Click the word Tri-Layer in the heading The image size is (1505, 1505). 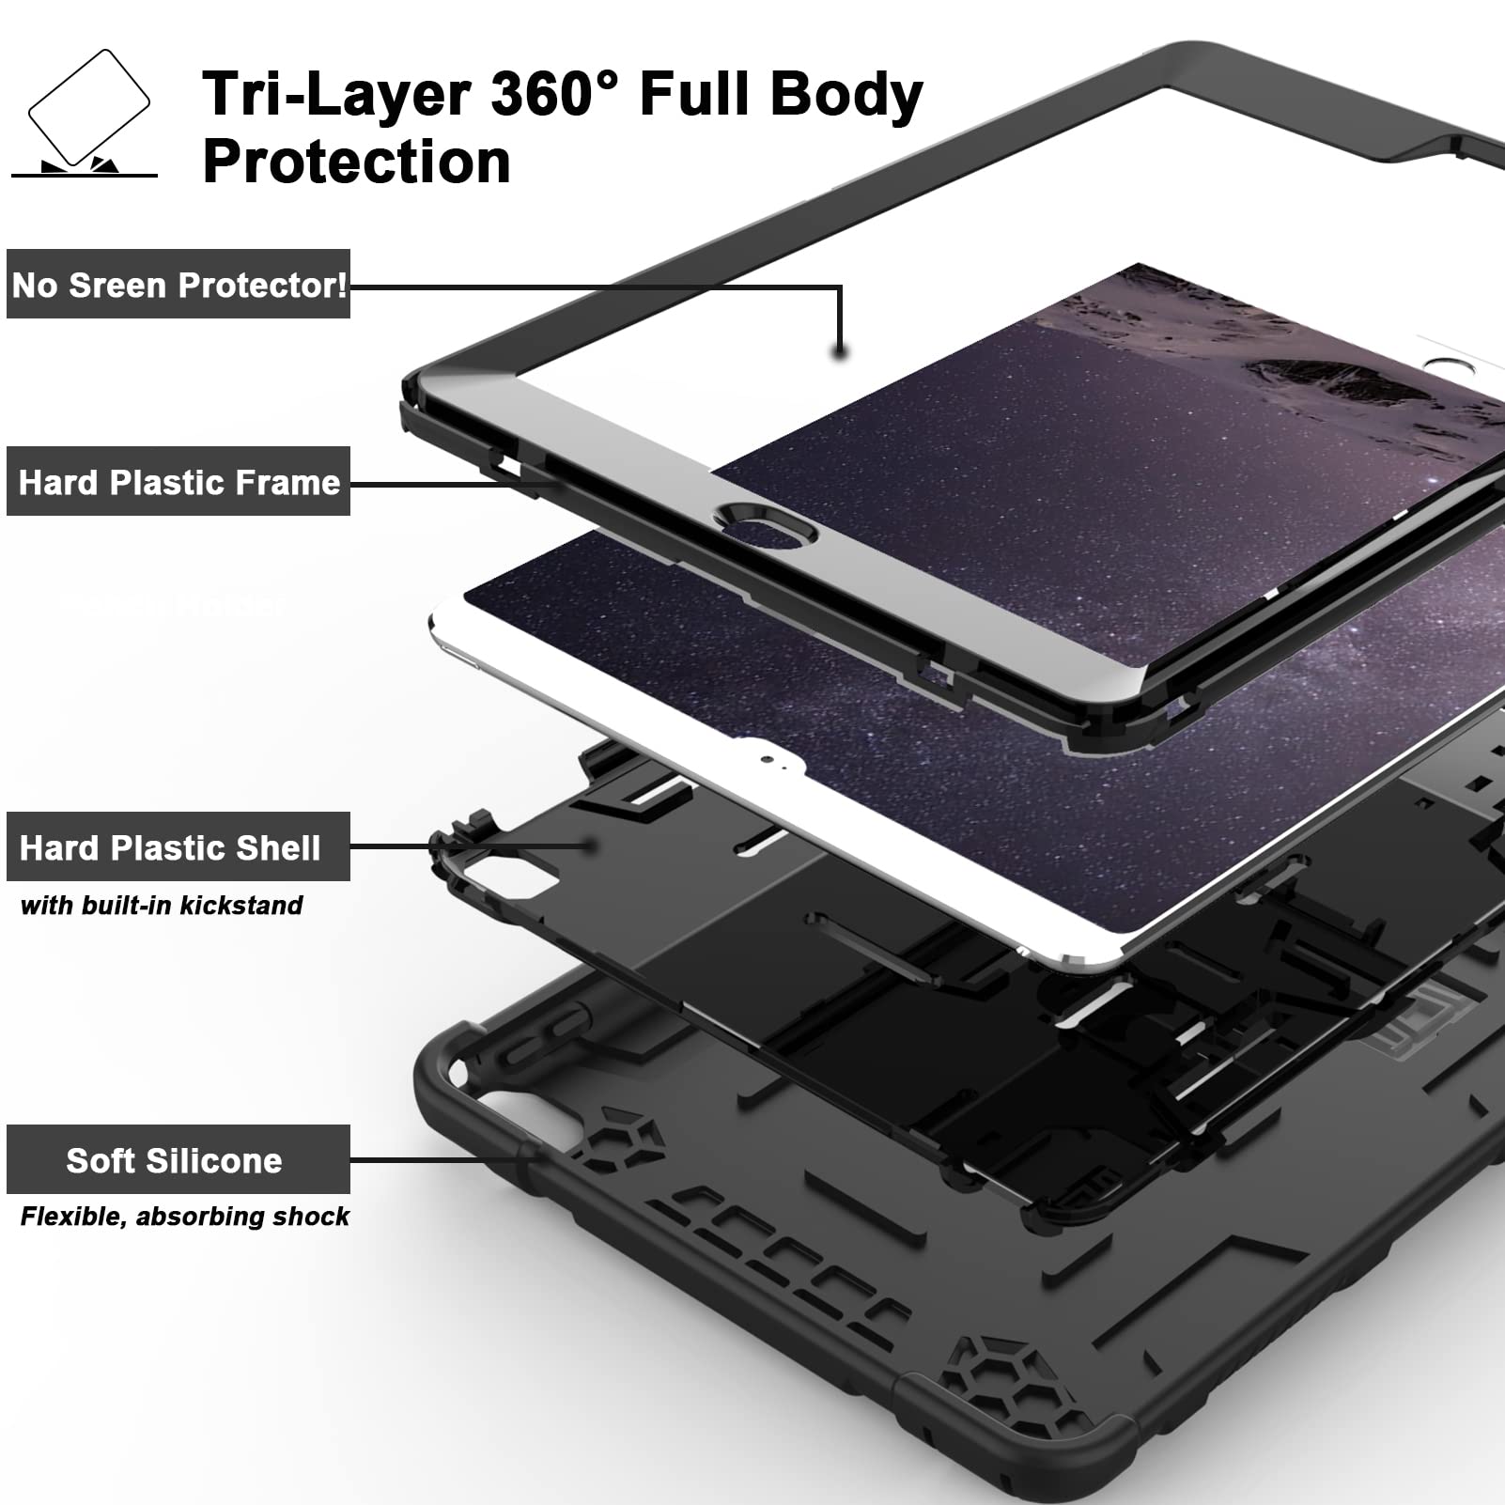tap(337, 94)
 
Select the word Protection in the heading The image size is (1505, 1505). tap(357, 162)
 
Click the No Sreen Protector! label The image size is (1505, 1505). tap(178, 284)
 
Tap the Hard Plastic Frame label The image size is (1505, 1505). tap(178, 481)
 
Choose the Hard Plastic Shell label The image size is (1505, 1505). tap(178, 846)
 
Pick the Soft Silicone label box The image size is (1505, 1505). tap(178, 1159)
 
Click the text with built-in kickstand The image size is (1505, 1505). tap(162, 906)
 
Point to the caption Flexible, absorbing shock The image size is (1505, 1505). tap(184, 1217)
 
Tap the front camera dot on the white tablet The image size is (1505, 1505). tap(769, 758)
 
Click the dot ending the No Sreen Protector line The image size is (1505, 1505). tap(841, 352)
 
